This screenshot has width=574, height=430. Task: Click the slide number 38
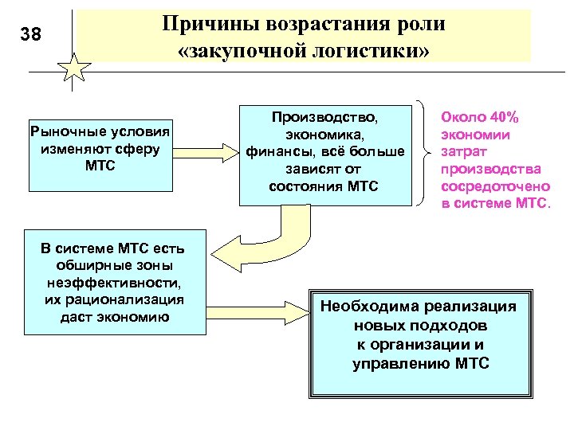tap(31, 34)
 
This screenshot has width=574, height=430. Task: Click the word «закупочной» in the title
tap(253, 52)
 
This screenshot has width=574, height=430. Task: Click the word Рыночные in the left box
tap(61, 131)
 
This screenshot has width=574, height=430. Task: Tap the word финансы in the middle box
tap(274, 151)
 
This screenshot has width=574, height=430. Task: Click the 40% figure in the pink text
tap(501, 118)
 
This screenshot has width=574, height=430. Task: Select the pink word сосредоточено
tap(495, 186)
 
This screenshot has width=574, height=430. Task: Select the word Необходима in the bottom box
tap(371, 307)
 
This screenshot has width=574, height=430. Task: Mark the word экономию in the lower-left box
tap(136, 317)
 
